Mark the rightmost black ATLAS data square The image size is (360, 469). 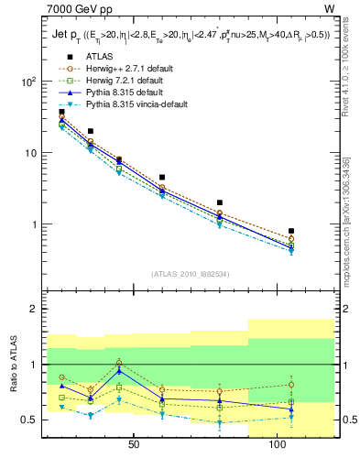coord(291,231)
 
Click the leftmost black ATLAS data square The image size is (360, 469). coord(62,112)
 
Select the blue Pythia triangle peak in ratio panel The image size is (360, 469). coord(119,371)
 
